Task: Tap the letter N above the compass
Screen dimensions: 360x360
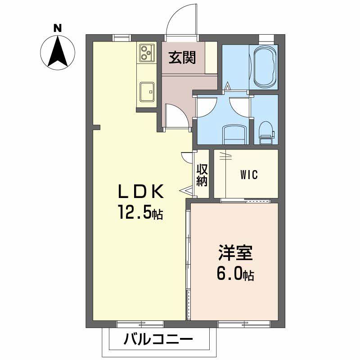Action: tap(58, 28)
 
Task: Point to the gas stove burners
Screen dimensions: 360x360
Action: tap(146, 53)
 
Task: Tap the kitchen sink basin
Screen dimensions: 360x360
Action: tap(147, 92)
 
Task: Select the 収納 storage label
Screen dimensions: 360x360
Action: tap(202, 175)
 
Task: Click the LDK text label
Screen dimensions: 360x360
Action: tap(140, 192)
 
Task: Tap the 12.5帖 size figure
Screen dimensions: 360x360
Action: tap(140, 211)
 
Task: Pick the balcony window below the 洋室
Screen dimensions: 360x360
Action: tap(244, 324)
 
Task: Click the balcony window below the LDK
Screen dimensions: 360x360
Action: tap(139, 324)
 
